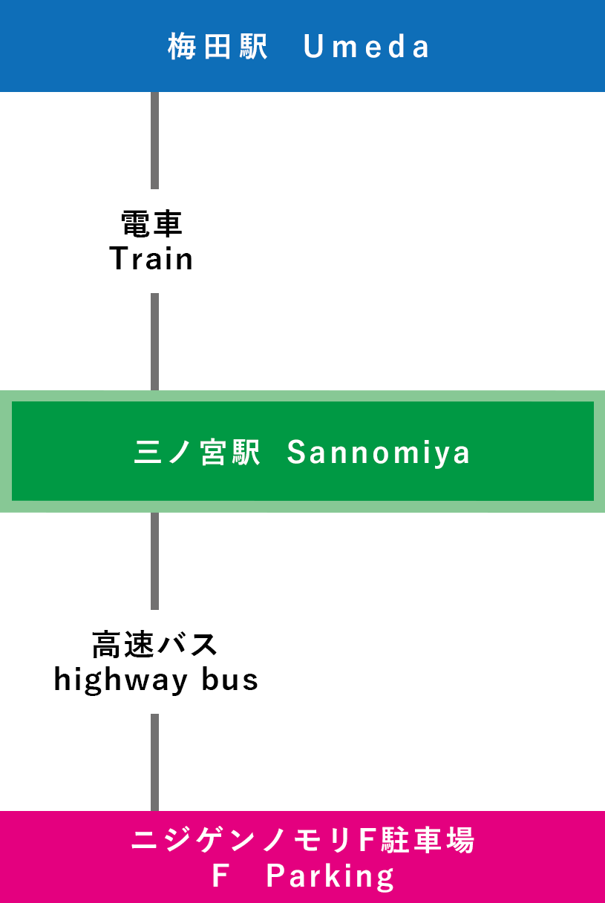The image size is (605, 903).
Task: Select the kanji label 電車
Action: pos(151,223)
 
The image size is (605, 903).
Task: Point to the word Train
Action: pos(151,259)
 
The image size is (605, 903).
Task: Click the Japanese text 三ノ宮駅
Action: pos(197,453)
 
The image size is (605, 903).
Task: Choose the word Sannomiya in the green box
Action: pos(379,453)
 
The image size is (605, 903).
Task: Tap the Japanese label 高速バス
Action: pos(154,644)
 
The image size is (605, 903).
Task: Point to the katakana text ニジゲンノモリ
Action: pos(243,841)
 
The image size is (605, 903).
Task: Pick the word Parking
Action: pos(330,877)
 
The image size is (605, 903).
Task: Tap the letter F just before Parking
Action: pos(219,877)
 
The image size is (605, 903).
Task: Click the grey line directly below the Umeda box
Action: pos(154,140)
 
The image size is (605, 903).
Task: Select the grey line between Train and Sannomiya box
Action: pos(154,341)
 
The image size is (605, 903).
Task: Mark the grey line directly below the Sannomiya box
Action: pos(154,561)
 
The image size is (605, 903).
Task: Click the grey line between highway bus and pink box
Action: pos(154,762)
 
